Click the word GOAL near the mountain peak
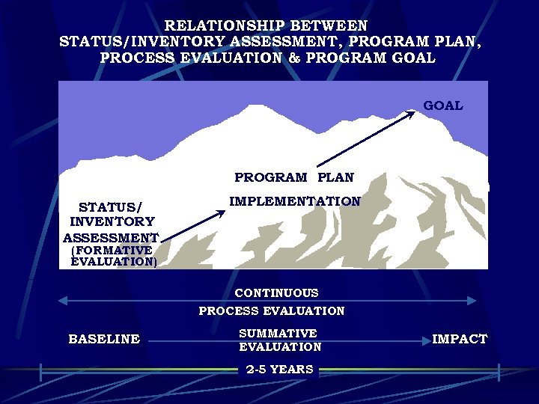pyautogui.click(x=443, y=106)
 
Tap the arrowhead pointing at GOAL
pyautogui.click(x=412, y=113)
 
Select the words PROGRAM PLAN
pyautogui.click(x=294, y=177)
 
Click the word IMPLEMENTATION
pyautogui.click(x=294, y=201)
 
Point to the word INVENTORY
pyautogui.click(x=112, y=221)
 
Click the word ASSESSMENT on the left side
pyautogui.click(x=111, y=238)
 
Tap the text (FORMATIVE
pyautogui.click(x=112, y=250)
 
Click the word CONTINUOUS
pyautogui.click(x=276, y=293)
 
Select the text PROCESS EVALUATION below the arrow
pyautogui.click(x=271, y=310)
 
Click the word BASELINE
pyautogui.click(x=104, y=339)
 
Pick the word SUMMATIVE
pyautogui.click(x=278, y=333)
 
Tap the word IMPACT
pyautogui.click(x=460, y=339)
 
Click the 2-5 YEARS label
pyautogui.click(x=279, y=370)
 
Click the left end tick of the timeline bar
pyautogui.click(x=41, y=370)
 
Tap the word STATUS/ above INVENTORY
pyautogui.click(x=111, y=206)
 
